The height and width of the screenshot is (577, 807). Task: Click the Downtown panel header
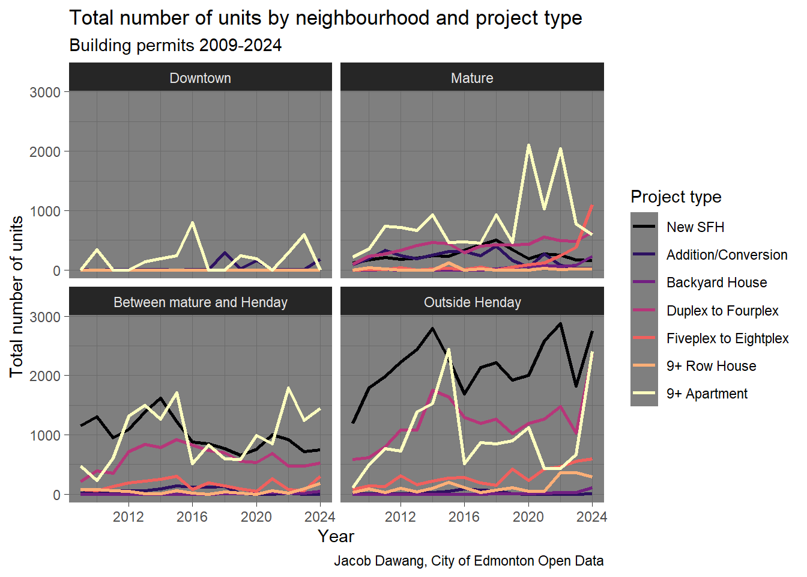pos(200,78)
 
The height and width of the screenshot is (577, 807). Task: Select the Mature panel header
pos(472,78)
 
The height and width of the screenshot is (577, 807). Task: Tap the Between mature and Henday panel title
pos(200,302)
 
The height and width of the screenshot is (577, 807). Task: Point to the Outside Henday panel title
pos(472,302)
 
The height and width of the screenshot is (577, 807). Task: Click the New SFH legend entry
pos(695,227)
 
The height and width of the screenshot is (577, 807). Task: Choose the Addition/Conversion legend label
pos(727,255)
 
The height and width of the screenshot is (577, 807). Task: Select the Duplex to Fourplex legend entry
pos(722,311)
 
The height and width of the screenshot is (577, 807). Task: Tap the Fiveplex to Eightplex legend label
pos(727,338)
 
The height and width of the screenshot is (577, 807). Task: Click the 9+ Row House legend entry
pos(711,366)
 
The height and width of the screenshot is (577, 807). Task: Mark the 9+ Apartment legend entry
pos(707,394)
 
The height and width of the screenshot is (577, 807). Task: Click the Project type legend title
pos(676,197)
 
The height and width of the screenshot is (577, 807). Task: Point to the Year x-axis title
pos(336,536)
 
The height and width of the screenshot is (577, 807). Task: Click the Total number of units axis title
pos(16,296)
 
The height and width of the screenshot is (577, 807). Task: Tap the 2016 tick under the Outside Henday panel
pos(464,517)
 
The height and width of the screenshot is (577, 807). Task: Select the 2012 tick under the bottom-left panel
pos(128,517)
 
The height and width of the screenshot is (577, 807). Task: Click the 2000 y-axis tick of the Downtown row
pos(45,152)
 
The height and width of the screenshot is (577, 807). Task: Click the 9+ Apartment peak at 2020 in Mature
pos(528,145)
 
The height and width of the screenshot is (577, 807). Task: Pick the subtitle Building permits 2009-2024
pos(175,46)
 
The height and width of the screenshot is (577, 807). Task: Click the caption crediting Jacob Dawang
pos(468,561)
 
